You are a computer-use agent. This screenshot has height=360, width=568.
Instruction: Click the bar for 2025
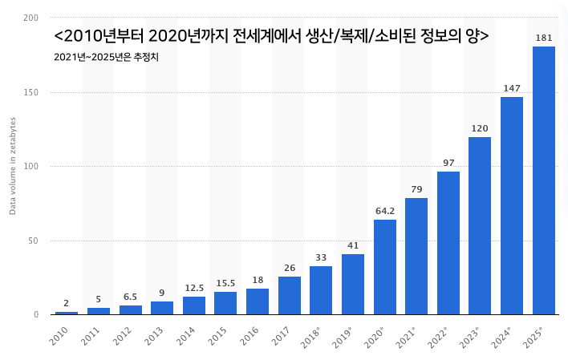(544, 180)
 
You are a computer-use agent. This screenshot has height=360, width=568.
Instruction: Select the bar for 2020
(385, 267)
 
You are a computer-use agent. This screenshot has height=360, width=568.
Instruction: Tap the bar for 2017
(290, 296)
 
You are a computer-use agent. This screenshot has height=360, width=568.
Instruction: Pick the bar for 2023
(480, 225)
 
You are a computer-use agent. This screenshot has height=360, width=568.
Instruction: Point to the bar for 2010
(67, 313)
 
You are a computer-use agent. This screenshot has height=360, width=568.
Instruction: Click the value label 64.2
(385, 211)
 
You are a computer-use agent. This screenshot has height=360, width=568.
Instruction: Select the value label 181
(544, 38)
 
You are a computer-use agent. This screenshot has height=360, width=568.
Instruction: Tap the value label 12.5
(194, 288)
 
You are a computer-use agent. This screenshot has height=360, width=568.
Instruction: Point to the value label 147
(512, 88)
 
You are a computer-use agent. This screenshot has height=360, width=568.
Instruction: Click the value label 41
(353, 245)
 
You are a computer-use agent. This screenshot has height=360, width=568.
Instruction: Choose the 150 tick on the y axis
(30, 92)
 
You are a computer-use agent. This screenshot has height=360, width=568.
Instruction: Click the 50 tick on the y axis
(33, 241)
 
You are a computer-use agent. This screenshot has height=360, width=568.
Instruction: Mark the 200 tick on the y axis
(30, 18)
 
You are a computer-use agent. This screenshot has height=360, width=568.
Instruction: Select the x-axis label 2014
(185, 336)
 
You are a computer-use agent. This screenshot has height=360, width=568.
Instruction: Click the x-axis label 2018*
(310, 338)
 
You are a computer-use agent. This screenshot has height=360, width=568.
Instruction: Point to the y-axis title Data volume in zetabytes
(13, 166)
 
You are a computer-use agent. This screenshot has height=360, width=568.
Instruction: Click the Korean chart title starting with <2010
(271, 36)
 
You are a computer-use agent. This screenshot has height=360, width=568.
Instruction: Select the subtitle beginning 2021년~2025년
(106, 57)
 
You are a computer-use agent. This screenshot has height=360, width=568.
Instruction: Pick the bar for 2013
(162, 308)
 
